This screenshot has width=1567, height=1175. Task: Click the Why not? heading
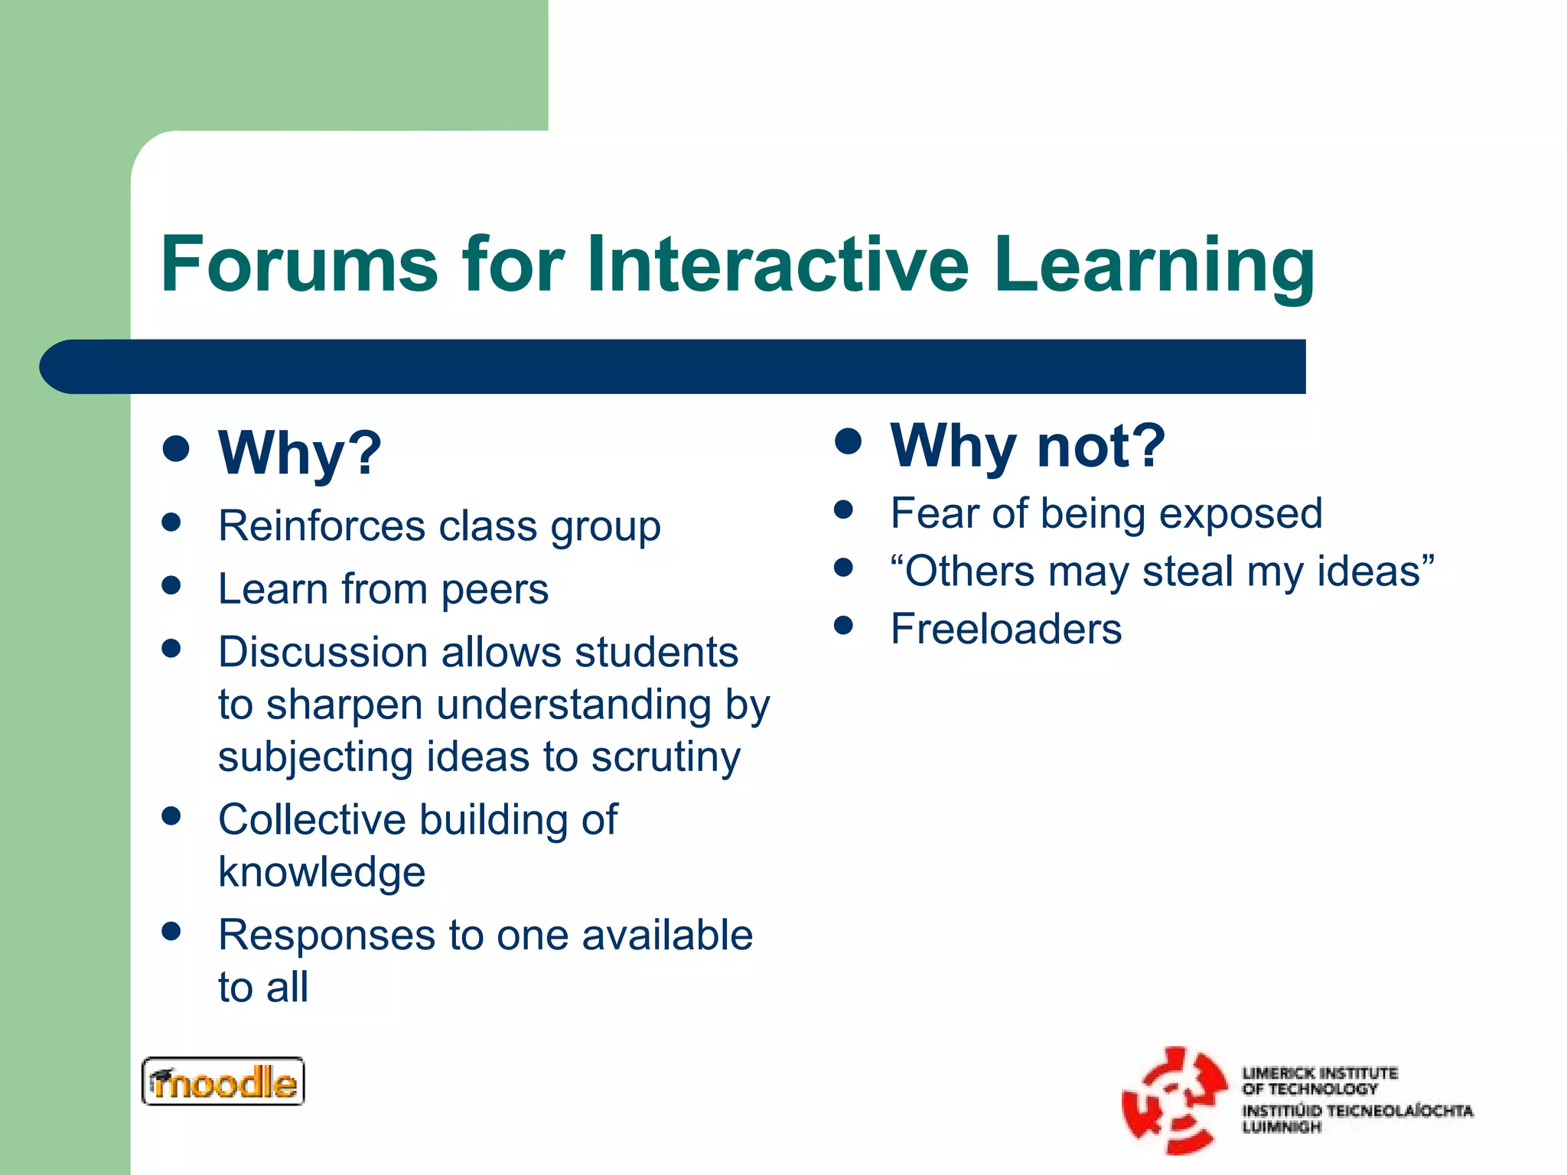pyautogui.click(x=1028, y=446)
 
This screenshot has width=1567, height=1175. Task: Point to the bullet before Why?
pyautogui.click(x=176, y=449)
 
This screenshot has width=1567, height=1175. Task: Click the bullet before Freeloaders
pyautogui.click(x=843, y=626)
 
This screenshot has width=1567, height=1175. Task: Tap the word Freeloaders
pyautogui.click(x=1005, y=630)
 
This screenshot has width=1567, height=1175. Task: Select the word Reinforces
pyautogui.click(x=321, y=526)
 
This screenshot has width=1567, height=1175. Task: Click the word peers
pyautogui.click(x=494, y=590)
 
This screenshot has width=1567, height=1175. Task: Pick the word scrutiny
pyautogui.click(x=666, y=757)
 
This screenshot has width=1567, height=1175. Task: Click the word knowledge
pyautogui.click(x=321, y=872)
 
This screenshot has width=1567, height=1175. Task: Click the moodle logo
pyautogui.click(x=223, y=1082)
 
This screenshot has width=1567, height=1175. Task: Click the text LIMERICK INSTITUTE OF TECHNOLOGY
pyautogui.click(x=1319, y=1080)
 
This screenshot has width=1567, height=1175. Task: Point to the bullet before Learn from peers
pyautogui.click(x=171, y=586)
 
